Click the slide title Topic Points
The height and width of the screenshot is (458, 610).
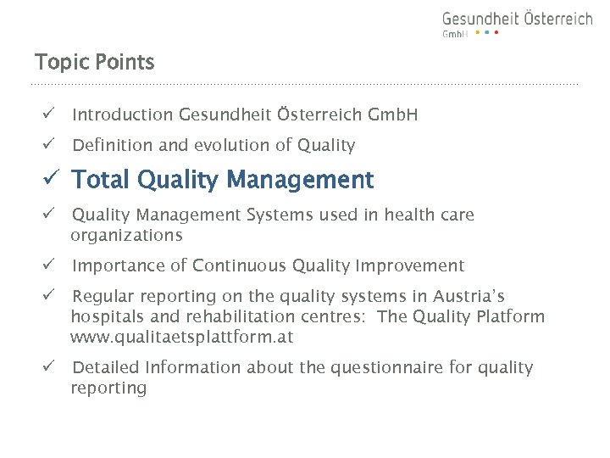tap(94, 62)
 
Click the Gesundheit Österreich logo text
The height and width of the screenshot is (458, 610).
tap(517, 19)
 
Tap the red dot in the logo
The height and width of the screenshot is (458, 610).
tap(496, 33)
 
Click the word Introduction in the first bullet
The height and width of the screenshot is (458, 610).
tap(123, 114)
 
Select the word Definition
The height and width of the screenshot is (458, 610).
tap(113, 145)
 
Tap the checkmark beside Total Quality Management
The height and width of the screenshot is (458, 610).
tap(51, 180)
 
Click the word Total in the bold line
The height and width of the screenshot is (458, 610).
tap(101, 180)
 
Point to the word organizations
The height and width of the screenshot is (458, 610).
tap(126, 235)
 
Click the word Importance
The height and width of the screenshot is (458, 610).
tap(119, 265)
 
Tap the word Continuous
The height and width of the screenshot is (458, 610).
tap(240, 265)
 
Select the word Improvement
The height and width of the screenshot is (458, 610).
tap(410, 265)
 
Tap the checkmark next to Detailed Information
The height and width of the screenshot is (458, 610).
tap(49, 367)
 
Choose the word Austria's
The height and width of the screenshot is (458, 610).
tap(469, 296)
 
